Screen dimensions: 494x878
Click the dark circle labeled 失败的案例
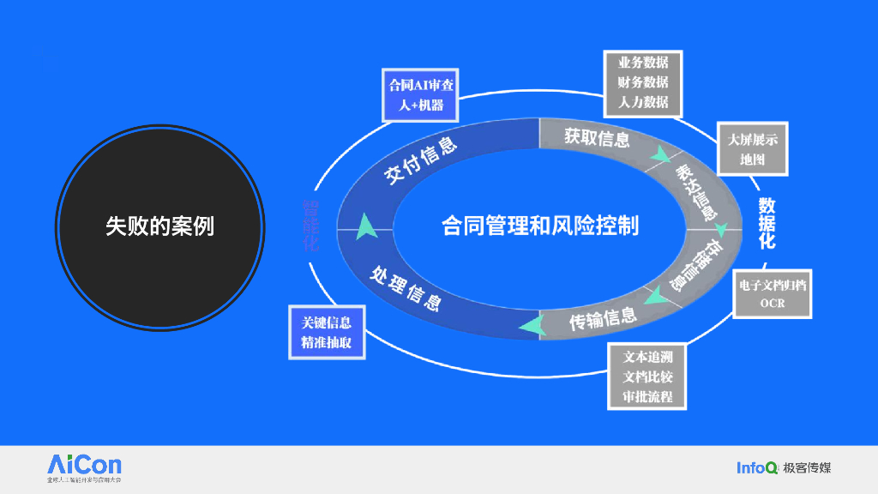tap(159, 226)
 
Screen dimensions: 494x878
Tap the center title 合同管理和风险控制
tap(540, 226)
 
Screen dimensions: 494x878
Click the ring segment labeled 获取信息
tap(598, 137)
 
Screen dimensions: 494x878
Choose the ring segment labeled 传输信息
tap(603, 319)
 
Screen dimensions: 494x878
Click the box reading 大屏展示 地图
tap(753, 148)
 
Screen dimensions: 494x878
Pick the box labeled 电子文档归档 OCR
tap(773, 293)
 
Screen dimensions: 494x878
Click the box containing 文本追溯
tap(647, 377)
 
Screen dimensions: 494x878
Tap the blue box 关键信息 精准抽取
tap(326, 333)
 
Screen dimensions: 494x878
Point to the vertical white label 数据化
tap(767, 223)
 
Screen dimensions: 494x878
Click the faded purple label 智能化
tap(310, 225)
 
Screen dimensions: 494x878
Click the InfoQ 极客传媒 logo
tap(784, 467)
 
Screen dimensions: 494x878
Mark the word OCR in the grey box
tap(773, 304)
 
